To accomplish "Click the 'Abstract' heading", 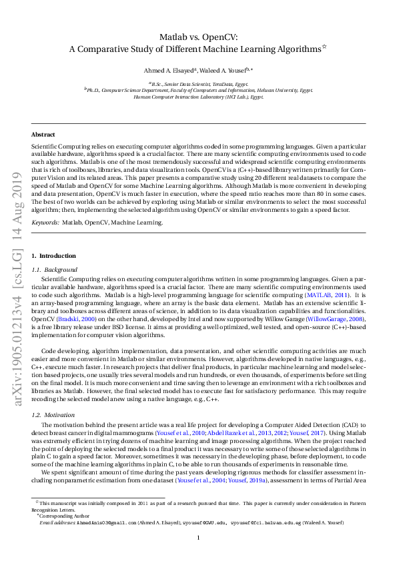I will (43, 134).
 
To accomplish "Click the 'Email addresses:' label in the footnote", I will (55, 523).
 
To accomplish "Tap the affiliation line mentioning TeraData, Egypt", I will (198, 84).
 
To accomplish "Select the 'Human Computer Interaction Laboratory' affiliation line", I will (198, 97).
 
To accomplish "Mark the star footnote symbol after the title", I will (324, 46).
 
